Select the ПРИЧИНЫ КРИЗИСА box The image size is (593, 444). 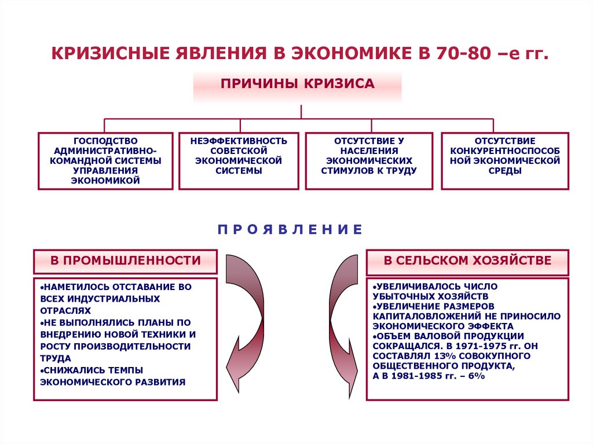(297, 84)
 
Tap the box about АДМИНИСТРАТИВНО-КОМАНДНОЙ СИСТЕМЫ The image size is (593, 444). (105, 161)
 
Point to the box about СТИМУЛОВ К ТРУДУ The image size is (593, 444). (369, 161)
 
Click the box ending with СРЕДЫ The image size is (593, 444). (505, 161)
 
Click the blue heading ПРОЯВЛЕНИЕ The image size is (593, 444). (290, 230)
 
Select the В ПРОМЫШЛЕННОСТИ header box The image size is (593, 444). (126, 261)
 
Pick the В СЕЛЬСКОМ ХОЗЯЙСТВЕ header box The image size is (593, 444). (467, 261)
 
